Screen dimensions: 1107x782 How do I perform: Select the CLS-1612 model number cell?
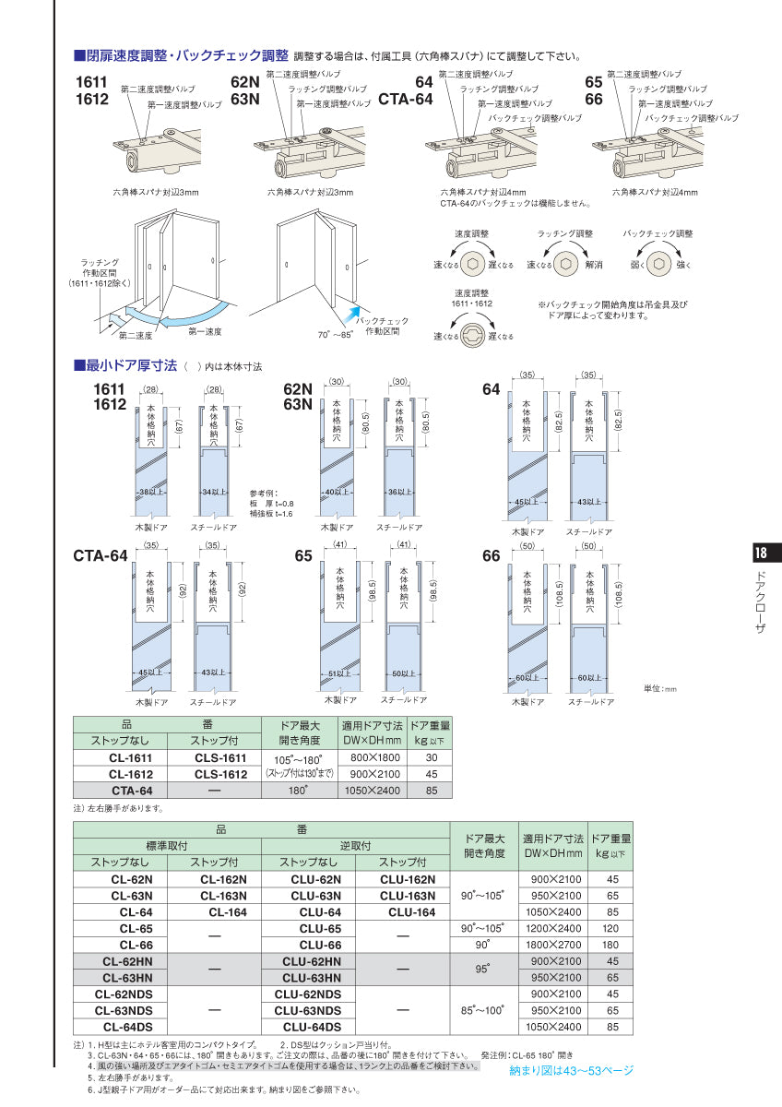220,774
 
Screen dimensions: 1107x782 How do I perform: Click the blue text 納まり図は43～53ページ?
572,1070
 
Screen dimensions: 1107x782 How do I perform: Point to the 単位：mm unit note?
660,688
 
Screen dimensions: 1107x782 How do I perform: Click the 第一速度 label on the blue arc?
205,329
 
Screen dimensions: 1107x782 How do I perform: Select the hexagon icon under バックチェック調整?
658,265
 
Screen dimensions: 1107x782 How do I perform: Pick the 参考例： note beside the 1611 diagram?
264,492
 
